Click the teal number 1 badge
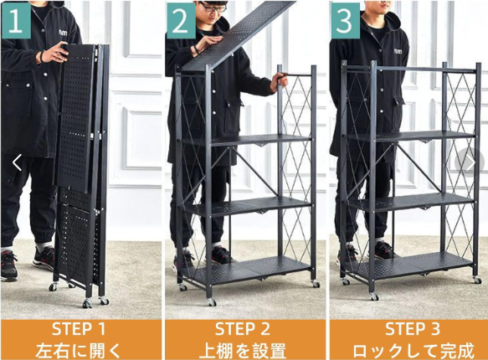pos(16,20)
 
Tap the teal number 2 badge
pos(181,20)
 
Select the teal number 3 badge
pos(345,20)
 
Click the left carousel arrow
pos(17,162)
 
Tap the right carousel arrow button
pos(470,162)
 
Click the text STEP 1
pos(79,329)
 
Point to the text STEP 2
pos(243,329)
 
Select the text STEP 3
pos(413,329)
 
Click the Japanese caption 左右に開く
pos(78,350)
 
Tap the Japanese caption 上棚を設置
pos(243,350)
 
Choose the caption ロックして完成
pos(414,350)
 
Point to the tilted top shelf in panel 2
pos(238,34)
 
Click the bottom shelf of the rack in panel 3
pos(414,265)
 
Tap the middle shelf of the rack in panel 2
pos(246,206)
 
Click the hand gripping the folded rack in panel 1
pos(54,53)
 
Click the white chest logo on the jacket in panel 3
pos(398,51)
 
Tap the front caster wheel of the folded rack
pos(87,303)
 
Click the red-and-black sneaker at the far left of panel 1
pos(8,265)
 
